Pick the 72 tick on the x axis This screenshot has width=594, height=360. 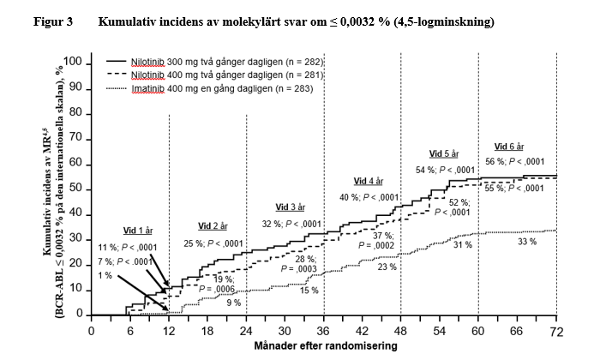(x=556, y=331)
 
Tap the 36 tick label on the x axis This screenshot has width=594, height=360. (x=323, y=331)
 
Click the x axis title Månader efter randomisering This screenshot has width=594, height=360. (x=325, y=345)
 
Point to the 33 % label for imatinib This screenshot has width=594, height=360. (x=526, y=242)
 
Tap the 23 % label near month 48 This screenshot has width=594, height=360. (x=387, y=267)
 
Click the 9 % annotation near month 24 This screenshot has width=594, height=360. (x=233, y=303)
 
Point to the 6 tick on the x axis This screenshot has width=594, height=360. (x=129, y=331)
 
